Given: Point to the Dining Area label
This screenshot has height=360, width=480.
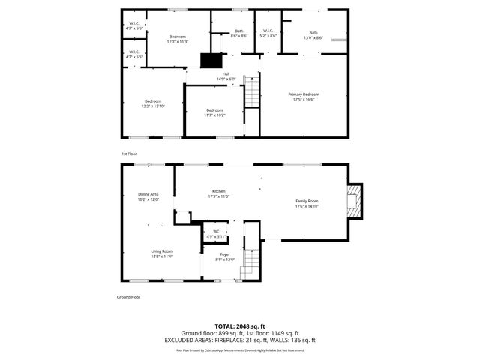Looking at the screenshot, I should [148, 197].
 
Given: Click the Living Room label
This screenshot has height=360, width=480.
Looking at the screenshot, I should [162, 253].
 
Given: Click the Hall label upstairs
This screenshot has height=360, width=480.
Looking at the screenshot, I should [226, 76].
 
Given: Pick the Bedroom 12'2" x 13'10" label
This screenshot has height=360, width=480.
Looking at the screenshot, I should [153, 103].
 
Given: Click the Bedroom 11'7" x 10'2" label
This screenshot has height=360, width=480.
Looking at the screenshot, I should [214, 112].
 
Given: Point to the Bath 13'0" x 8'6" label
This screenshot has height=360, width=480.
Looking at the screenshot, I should [313, 35].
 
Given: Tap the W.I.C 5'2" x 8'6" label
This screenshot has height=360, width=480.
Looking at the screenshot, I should [268, 34].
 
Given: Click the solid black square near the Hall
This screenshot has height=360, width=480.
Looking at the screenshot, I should [211, 62].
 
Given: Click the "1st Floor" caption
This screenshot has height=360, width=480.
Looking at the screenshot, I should [129, 154].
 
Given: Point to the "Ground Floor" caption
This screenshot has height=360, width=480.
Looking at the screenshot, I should [129, 297].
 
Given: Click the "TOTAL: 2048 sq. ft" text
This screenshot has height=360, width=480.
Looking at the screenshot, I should [240, 326].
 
